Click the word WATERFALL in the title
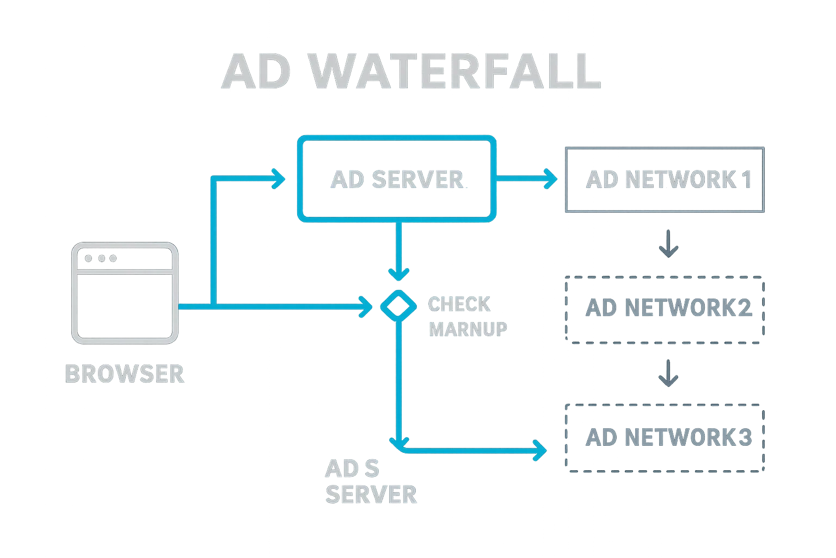tap(455, 72)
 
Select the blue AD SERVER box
tap(396, 180)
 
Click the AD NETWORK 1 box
tap(665, 179)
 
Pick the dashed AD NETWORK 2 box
tap(665, 309)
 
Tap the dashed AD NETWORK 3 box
tap(665, 437)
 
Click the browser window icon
tap(125, 293)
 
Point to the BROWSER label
tap(125, 374)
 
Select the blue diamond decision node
tap(397, 306)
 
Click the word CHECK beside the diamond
tap(459, 304)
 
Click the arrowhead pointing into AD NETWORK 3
tap(540, 450)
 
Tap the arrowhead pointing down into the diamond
tap(398, 273)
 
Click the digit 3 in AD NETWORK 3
tap(745, 437)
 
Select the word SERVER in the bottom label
tap(371, 494)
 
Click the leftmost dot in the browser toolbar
tap(89, 258)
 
